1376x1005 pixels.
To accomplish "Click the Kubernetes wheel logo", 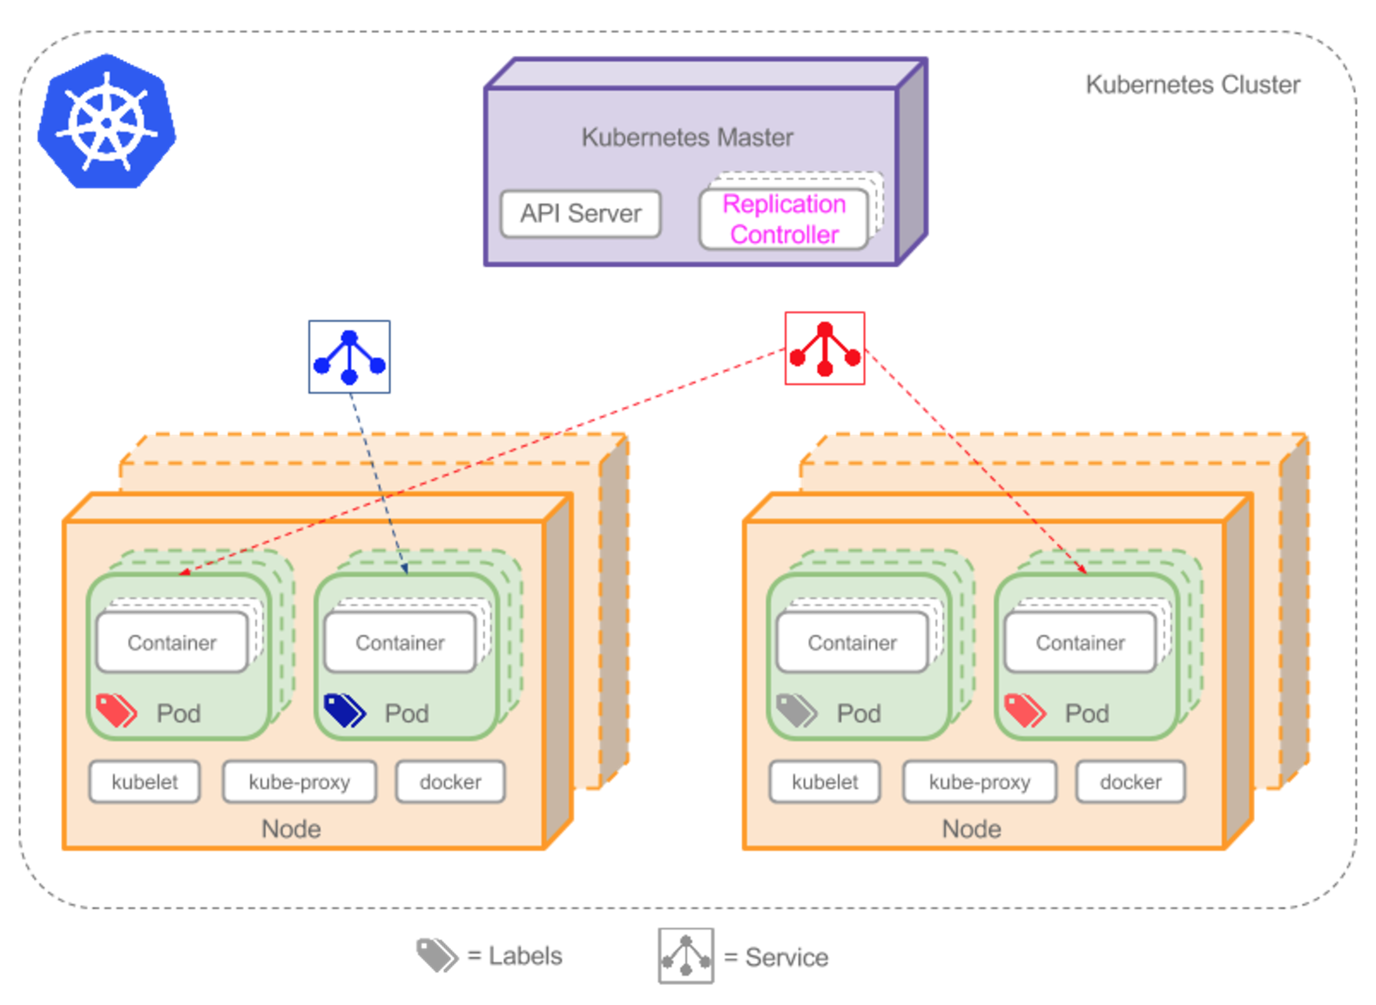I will [x=106, y=121].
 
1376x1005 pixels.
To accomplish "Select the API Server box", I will [x=580, y=213].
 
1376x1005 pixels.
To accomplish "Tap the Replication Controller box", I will [x=784, y=219].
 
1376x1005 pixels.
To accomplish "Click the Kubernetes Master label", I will [x=687, y=138].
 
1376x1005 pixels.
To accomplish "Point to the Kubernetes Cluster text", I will [x=1192, y=84].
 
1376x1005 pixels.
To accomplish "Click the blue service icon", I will [x=349, y=357].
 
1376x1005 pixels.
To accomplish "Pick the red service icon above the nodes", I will [x=825, y=348].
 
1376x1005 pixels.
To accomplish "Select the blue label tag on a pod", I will [x=345, y=711].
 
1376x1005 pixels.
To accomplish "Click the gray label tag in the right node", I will [x=796, y=711].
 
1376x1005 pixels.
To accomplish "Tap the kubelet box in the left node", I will [x=145, y=782].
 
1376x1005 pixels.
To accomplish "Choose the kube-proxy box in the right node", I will [x=979, y=782].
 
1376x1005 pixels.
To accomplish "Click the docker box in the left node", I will [x=450, y=782].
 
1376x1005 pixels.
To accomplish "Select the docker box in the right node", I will [x=1130, y=782].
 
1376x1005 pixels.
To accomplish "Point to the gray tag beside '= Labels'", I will [x=437, y=955].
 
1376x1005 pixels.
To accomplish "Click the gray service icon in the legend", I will [x=686, y=956].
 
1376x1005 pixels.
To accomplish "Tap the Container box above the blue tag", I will [x=400, y=643].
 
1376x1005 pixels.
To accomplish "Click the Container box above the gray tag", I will [x=852, y=643].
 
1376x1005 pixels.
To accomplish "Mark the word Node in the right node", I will [x=971, y=829].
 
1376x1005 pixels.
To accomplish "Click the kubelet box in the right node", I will [x=825, y=782].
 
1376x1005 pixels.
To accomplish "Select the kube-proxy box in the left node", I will [x=299, y=782].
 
